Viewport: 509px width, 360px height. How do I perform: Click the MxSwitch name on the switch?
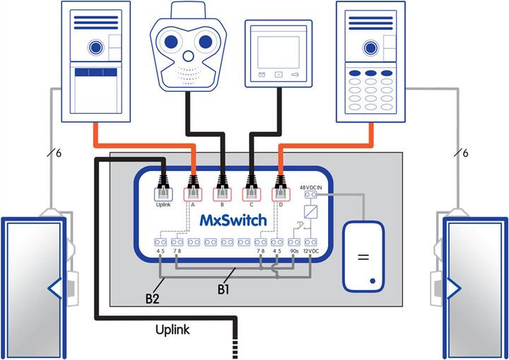tap(233, 220)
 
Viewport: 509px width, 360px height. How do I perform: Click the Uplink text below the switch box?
tap(173, 330)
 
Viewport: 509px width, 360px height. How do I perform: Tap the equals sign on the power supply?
tap(363, 257)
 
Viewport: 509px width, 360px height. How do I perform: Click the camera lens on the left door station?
tap(94, 47)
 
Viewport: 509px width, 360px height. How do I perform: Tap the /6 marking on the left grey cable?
tap(53, 153)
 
